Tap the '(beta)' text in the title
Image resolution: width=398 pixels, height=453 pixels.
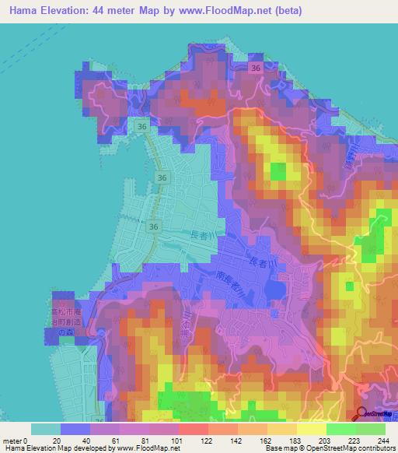[285, 11]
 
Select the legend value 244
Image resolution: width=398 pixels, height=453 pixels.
[383, 441]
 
